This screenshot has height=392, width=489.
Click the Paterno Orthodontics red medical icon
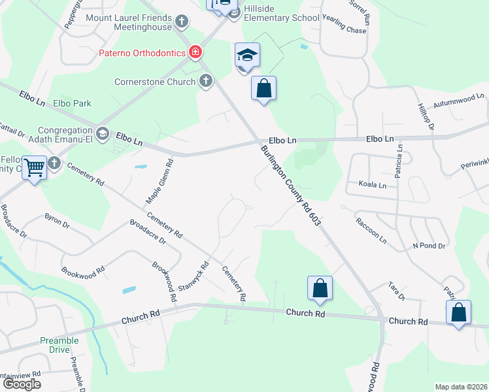[x=194, y=52]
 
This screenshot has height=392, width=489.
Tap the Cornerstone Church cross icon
[x=206, y=82]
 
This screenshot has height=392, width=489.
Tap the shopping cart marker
[x=33, y=168]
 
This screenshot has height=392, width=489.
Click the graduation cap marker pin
[x=248, y=56]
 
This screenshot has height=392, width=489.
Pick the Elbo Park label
[x=72, y=103]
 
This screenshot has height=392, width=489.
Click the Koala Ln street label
[x=373, y=185]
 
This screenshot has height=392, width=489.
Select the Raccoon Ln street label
[x=371, y=230]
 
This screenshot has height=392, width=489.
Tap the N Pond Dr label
[x=428, y=246]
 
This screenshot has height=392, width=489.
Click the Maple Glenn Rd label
[x=158, y=180]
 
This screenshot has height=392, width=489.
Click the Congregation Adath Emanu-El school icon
[x=103, y=134]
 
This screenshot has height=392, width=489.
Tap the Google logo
[x=22, y=384]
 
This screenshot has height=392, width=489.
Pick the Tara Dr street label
[x=397, y=291]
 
